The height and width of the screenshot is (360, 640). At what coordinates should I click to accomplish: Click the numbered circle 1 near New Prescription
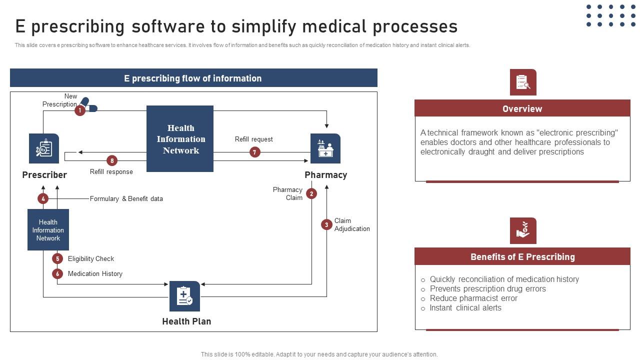click(80, 110)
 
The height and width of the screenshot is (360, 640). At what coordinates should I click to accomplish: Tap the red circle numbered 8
click(112, 160)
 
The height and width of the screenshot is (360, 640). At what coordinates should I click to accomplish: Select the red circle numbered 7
click(255, 152)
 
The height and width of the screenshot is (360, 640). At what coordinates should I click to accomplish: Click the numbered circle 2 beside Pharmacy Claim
click(311, 193)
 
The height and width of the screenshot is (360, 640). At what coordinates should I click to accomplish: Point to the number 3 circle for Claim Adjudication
click(326, 224)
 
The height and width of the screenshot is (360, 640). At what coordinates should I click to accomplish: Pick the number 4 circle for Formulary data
click(43, 198)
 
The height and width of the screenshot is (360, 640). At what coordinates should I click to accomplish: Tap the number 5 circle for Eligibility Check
click(57, 258)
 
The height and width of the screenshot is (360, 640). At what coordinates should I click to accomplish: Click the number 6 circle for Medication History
click(57, 273)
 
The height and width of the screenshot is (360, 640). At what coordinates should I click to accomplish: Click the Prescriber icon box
click(44, 148)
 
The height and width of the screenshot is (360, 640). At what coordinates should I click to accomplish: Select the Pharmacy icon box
click(325, 148)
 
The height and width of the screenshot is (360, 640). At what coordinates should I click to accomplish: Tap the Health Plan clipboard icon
click(184, 296)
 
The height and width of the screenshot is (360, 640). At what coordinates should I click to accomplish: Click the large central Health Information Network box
click(180, 139)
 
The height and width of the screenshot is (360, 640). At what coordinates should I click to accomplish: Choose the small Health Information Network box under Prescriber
click(48, 230)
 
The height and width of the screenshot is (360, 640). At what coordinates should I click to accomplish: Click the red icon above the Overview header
click(523, 82)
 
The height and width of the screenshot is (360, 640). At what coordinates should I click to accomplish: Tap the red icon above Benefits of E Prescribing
click(523, 230)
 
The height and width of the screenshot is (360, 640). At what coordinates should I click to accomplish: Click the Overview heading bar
click(522, 108)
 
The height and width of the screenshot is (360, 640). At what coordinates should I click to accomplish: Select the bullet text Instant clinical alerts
click(465, 308)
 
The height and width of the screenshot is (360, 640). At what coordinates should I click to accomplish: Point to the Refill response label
click(111, 172)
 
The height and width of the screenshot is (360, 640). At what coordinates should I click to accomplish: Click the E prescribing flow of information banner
click(193, 78)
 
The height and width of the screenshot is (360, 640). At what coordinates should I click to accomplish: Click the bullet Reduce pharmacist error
click(473, 298)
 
